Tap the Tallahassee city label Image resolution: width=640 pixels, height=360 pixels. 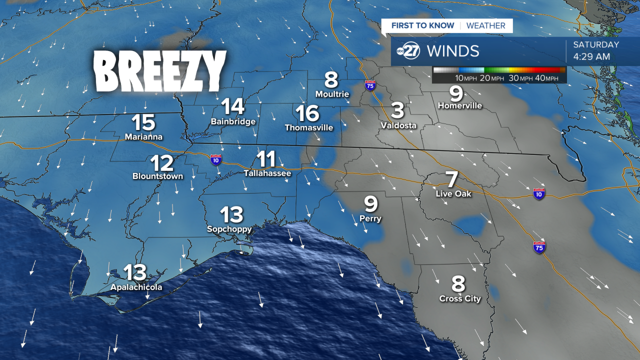(267, 173)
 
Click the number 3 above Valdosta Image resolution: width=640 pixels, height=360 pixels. (397, 110)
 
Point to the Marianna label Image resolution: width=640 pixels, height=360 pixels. (143, 136)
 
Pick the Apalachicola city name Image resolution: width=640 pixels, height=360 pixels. (136, 287)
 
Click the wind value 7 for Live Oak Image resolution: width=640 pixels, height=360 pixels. (452, 179)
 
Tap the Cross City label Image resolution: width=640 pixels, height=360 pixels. (460, 299)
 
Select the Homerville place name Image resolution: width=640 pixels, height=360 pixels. (459, 105)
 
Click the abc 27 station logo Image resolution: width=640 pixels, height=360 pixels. (408, 51)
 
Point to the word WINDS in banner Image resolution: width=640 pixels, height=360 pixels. (453, 51)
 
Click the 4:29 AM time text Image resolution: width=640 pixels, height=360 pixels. (591, 56)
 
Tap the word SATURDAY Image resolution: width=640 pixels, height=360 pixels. (596, 44)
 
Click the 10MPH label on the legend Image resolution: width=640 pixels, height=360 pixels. (465, 78)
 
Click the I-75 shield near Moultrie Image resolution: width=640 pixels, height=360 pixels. (369, 85)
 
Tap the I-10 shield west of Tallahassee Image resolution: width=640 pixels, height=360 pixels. (216, 159)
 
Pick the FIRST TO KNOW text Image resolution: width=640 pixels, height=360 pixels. (422, 25)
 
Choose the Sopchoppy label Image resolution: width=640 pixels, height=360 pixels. (229, 229)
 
